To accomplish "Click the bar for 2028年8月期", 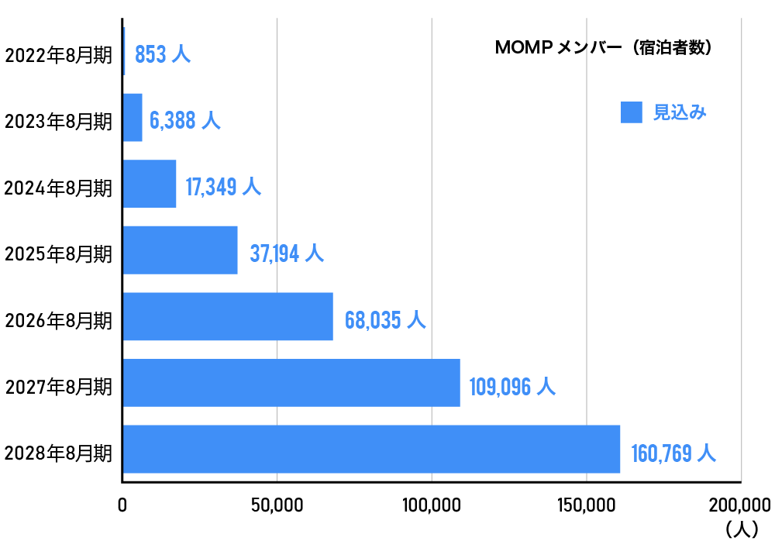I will (x=371, y=449).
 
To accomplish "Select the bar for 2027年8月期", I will (x=291, y=382).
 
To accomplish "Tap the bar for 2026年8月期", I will (x=228, y=316).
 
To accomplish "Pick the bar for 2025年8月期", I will (x=180, y=250).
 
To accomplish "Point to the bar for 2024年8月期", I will (x=150, y=184).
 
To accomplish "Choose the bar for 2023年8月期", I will (x=133, y=118).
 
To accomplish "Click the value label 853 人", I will (x=162, y=55).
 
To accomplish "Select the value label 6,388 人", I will (x=184, y=121).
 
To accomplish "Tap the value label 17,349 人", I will (x=223, y=187).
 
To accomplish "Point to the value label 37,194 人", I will (x=286, y=253).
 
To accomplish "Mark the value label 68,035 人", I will (x=385, y=320).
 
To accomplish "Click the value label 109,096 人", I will (x=512, y=386).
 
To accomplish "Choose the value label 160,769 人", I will (x=673, y=453).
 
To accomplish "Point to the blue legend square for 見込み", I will (x=632, y=112).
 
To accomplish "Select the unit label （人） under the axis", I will (x=742, y=529).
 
